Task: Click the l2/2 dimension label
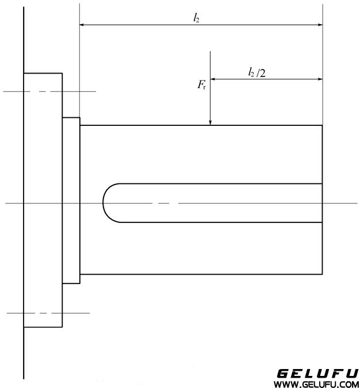(256, 72)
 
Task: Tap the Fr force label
(201, 86)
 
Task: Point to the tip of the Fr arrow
(211, 124)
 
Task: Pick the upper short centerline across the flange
(49, 91)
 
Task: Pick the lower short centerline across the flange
(48, 313)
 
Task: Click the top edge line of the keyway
(219, 183)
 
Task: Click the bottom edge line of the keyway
(219, 221)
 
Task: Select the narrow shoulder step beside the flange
(71, 200)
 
